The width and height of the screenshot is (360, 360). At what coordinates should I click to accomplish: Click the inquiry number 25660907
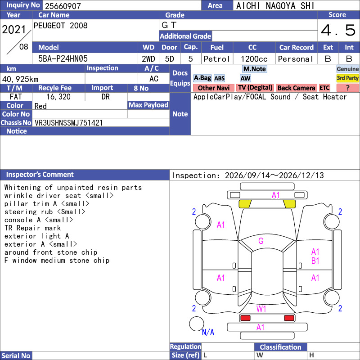[x=63, y=6]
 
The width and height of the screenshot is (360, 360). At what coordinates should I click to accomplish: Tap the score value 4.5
[x=338, y=30]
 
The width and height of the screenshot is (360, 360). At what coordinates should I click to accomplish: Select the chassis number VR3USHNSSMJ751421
[x=69, y=123]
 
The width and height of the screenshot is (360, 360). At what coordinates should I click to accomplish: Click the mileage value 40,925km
[x=20, y=79]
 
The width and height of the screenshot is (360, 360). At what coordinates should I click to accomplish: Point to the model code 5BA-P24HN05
[x=63, y=59]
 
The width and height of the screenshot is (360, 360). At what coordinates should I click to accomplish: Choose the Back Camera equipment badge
[x=296, y=88]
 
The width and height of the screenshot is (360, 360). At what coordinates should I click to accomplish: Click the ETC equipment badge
[x=324, y=88]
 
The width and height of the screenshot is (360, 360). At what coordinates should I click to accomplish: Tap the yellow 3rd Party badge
[x=347, y=78]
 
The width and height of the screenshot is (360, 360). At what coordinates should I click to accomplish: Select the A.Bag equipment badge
[x=202, y=78]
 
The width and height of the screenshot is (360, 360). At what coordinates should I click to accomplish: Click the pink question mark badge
[x=347, y=88]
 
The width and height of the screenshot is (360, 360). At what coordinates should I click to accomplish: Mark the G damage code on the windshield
[x=261, y=241]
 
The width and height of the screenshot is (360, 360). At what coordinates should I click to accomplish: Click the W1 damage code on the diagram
[x=261, y=309]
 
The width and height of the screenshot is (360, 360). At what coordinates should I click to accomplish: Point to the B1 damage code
[x=315, y=261]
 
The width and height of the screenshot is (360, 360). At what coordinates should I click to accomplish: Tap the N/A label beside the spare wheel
[x=208, y=332]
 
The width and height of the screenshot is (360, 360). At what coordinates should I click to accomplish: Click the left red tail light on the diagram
[x=245, y=318]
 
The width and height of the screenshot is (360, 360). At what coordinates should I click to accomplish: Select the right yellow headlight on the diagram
[x=289, y=204]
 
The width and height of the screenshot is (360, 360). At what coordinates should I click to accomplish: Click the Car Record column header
[x=296, y=48]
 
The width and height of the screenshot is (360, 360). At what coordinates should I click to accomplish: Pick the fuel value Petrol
[x=217, y=59]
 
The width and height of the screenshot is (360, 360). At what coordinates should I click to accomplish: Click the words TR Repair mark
[x=32, y=228]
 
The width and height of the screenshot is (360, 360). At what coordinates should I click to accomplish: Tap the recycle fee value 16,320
[x=58, y=97]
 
